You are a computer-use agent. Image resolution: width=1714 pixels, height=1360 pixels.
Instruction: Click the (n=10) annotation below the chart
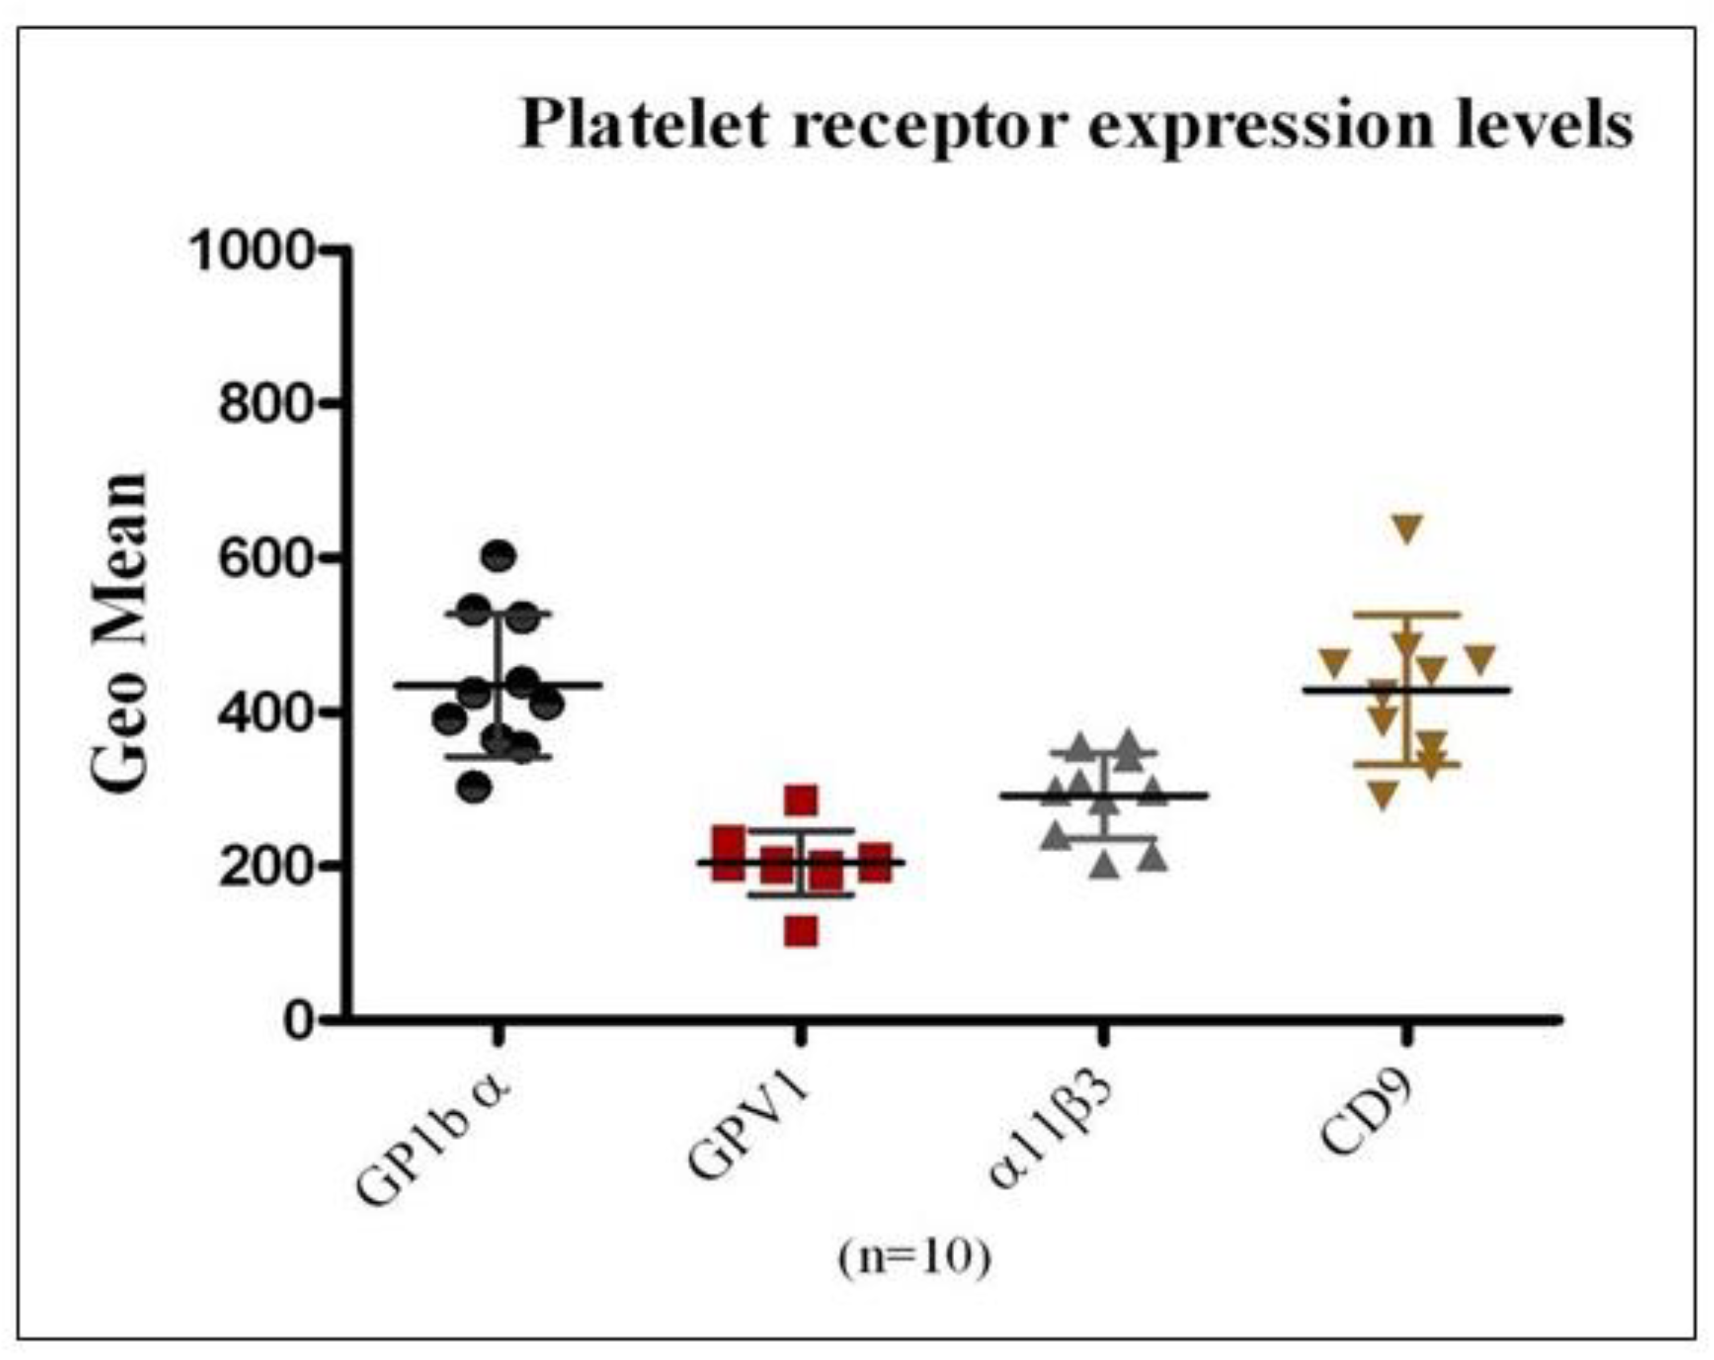coord(915,1257)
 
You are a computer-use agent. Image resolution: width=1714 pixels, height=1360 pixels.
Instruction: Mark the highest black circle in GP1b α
coord(499,556)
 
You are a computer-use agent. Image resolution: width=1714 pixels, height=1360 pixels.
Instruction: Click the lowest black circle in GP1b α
coord(475,787)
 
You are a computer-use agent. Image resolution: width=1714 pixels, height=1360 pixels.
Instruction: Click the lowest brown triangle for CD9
coord(1383,794)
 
